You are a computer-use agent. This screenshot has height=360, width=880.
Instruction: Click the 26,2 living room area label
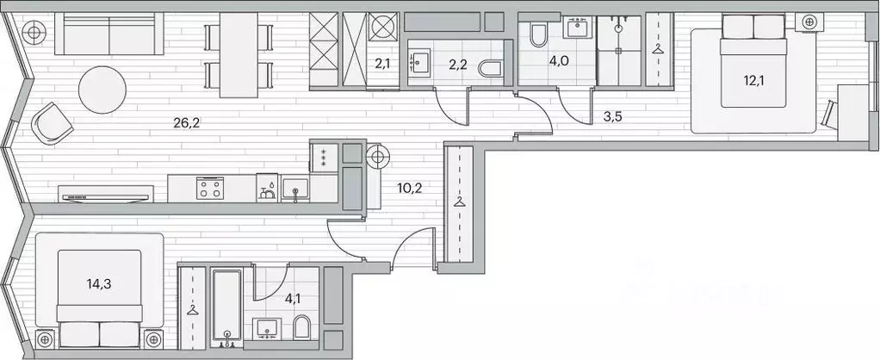186,122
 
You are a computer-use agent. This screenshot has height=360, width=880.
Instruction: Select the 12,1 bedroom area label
754,82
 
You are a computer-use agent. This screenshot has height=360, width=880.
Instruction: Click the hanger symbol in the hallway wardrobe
461,203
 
